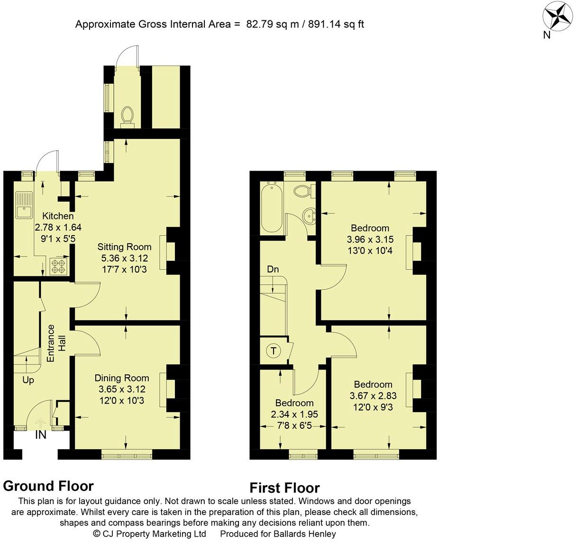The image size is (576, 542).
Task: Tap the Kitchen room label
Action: click(58, 216)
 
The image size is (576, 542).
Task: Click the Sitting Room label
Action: click(124, 247)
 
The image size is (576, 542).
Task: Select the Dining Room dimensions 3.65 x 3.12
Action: click(122, 389)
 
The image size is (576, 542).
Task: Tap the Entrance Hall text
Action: click(56, 343)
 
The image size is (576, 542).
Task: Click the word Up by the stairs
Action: click(28, 380)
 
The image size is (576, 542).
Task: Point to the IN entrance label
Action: click(41, 435)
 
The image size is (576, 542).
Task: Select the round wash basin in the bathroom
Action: click(310, 216)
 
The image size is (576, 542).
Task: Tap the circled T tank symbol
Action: click(273, 351)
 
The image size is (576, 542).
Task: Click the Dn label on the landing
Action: click(273, 270)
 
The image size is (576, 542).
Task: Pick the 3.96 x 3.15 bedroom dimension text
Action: click(370, 239)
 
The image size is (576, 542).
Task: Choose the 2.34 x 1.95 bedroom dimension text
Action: click(294, 414)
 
